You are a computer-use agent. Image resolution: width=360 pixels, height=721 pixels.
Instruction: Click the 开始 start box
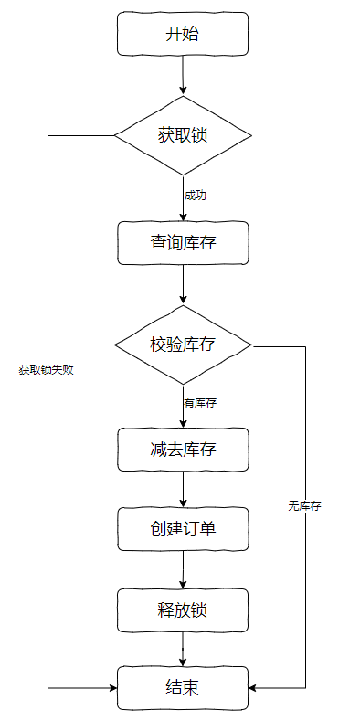pyautogui.click(x=183, y=35)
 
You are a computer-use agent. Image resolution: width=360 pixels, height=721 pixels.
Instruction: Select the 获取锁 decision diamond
pyautogui.click(x=183, y=135)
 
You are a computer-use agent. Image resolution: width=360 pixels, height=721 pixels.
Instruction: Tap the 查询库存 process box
pyautogui.click(x=183, y=243)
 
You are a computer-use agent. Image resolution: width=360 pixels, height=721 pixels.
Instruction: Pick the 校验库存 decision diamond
pyautogui.click(x=183, y=345)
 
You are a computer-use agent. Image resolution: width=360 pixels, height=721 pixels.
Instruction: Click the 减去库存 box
pyautogui.click(x=183, y=450)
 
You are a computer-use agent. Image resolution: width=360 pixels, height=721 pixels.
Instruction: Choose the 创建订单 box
pyautogui.click(x=183, y=528)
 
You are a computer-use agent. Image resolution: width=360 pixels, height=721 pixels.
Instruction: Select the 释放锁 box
pyautogui.click(x=183, y=609)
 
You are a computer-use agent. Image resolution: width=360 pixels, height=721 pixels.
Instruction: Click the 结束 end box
pyautogui.click(x=183, y=688)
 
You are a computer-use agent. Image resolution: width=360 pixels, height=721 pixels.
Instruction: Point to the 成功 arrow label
pyautogui.click(x=196, y=195)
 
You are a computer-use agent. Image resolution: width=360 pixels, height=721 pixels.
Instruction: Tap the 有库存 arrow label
pyautogui.click(x=199, y=401)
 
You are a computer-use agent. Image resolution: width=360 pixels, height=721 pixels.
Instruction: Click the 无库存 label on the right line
pyautogui.click(x=304, y=505)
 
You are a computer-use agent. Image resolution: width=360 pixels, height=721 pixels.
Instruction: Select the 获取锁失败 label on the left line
pyautogui.click(x=46, y=370)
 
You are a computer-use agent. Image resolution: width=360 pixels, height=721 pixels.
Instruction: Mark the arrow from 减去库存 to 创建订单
pyautogui.click(x=183, y=489)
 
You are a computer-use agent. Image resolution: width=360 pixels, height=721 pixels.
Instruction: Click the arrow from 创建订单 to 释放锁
pyautogui.click(x=183, y=568)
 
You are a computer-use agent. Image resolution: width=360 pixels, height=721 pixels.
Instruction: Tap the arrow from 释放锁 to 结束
pyautogui.click(x=183, y=649)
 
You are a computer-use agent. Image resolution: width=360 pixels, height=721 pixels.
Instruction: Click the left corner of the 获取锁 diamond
pyautogui.click(x=116, y=135)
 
